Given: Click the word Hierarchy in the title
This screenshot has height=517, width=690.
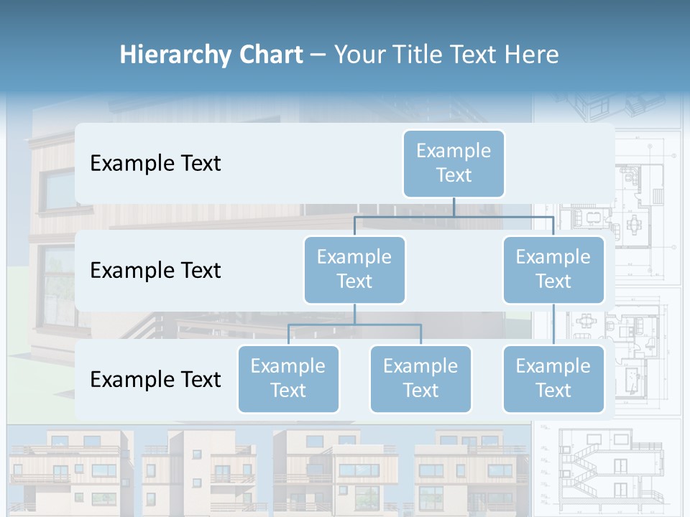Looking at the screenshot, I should pyautogui.click(x=175, y=55).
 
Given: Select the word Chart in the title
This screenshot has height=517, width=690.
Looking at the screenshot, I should pyautogui.click(x=270, y=55).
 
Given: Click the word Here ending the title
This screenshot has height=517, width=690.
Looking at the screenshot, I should pyautogui.click(x=532, y=55).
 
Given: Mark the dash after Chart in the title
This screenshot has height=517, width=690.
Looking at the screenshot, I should pyautogui.click(x=318, y=55).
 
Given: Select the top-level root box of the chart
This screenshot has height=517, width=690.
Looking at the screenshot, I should pyautogui.click(x=454, y=163).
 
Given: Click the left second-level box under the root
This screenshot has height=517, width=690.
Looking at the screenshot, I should pyautogui.click(x=354, y=269).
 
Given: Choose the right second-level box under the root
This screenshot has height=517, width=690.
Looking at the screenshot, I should pyautogui.click(x=553, y=269).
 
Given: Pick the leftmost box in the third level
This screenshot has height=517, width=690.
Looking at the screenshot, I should pyautogui.click(x=288, y=378).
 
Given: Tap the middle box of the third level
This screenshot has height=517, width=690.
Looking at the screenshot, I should pyautogui.click(x=420, y=378).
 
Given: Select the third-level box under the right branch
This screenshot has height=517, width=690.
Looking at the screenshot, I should pyautogui.click(x=553, y=378).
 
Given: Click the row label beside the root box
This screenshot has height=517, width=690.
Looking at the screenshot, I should pyautogui.click(x=155, y=164).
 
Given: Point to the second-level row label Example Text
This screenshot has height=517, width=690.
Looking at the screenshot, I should pyautogui.click(x=155, y=271).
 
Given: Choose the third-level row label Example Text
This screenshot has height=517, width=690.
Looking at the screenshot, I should pyautogui.click(x=155, y=379).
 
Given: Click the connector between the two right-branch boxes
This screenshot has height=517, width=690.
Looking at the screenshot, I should pyautogui.click(x=553, y=325).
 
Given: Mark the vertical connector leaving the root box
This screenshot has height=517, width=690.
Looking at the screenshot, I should pyautogui.click(x=454, y=207).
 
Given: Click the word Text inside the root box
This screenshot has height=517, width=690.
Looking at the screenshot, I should pyautogui.click(x=454, y=175).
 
